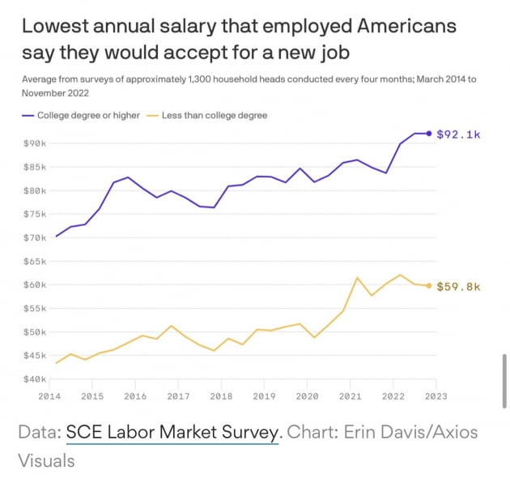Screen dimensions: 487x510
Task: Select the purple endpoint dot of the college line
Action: (x=429, y=134)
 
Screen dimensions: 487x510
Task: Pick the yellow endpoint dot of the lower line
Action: (x=429, y=285)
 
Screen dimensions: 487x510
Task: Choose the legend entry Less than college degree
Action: (x=215, y=116)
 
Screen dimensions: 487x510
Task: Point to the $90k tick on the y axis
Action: (x=35, y=143)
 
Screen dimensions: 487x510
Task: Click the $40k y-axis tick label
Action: (x=35, y=379)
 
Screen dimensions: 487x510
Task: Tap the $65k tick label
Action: (x=35, y=262)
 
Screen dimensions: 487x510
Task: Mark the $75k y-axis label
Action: (x=35, y=215)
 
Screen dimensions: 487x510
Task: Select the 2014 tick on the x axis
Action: (x=50, y=397)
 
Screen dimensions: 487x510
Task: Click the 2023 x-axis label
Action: (x=436, y=397)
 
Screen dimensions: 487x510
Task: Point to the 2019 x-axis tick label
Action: (x=264, y=397)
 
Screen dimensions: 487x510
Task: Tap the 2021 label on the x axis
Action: (x=350, y=397)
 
